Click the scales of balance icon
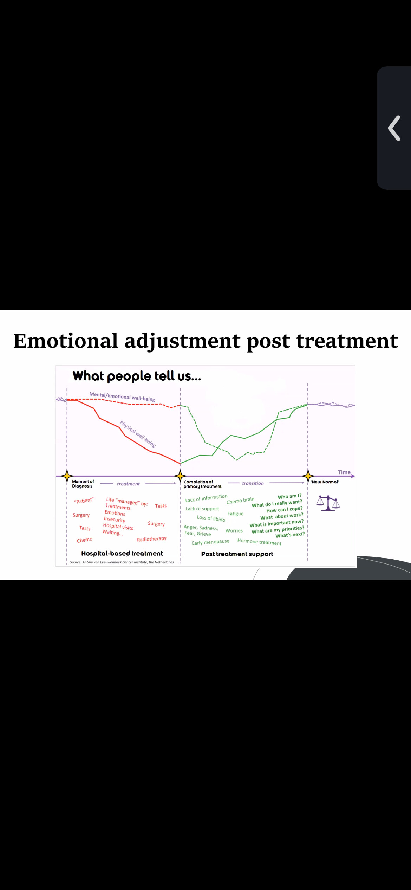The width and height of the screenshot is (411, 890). pos(328,503)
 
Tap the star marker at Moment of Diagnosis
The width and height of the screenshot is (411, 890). pos(67,476)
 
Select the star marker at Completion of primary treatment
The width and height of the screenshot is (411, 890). pos(180,476)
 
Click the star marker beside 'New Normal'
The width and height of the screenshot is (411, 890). pos(308,476)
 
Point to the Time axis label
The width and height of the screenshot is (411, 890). pos(344,472)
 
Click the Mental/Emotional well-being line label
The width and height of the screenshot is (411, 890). pos(122,396)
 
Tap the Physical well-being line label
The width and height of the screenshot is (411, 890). pos(138,434)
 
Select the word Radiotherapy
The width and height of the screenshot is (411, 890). pos(152,539)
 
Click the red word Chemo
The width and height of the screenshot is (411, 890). pos(85,540)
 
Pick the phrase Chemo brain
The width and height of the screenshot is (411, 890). pos(240,500)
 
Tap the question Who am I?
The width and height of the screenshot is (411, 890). pos(289,496)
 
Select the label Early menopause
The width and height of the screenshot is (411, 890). pos(210,542)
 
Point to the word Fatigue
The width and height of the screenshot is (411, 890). pos(235,514)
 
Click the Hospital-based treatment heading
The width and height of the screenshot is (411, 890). pos(122,553)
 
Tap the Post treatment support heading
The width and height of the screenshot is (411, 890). pos(237,554)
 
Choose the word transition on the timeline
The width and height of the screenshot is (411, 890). pos(253,483)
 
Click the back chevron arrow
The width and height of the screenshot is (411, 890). pos(394,128)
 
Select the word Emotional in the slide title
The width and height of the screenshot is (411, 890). pos(66,341)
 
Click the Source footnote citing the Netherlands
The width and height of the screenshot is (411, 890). pos(122,562)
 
